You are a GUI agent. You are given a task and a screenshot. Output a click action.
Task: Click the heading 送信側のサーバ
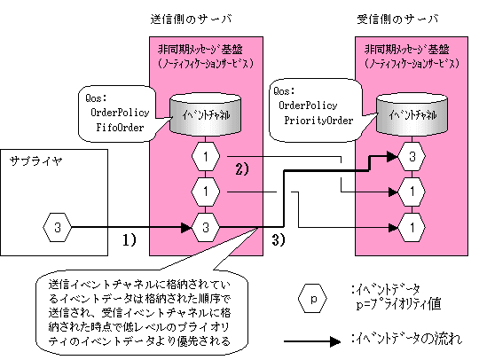pos(192,20)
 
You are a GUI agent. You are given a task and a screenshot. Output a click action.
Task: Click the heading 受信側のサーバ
pos(397,20)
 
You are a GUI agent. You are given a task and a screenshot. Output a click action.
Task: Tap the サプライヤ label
pos(36,160)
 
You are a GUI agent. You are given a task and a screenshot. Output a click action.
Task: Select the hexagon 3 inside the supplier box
pos(57,227)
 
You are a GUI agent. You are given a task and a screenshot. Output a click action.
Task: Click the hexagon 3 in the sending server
pos(206,227)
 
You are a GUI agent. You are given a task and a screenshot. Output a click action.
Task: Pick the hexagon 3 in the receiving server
pos(412,156)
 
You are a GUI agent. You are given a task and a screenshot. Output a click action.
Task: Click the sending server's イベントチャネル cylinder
pos(205,114)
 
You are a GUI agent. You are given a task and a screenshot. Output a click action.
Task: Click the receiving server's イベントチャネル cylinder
pos(412,114)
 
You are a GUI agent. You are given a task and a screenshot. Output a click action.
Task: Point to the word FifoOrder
pos(120,127)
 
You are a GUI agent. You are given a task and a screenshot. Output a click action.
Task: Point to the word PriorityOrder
pos(318,120)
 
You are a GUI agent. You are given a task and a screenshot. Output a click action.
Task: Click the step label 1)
pos(130,239)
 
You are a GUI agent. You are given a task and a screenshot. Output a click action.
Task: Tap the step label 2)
pos(242,168)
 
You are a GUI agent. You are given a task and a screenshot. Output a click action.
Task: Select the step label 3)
pos(279,239)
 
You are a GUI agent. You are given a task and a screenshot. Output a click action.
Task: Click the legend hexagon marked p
pos(312,299)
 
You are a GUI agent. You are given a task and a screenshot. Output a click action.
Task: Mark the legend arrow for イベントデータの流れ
pos(312,341)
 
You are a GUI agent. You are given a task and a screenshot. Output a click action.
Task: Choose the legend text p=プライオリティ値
pos(398,304)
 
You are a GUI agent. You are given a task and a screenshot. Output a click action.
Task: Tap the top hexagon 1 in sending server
pos(206,156)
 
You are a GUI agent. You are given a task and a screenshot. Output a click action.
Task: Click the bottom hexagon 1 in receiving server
pos(412,227)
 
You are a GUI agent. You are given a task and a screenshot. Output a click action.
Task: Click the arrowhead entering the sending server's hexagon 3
pos(186,227)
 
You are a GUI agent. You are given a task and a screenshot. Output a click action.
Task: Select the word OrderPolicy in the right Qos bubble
pos(308,106)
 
